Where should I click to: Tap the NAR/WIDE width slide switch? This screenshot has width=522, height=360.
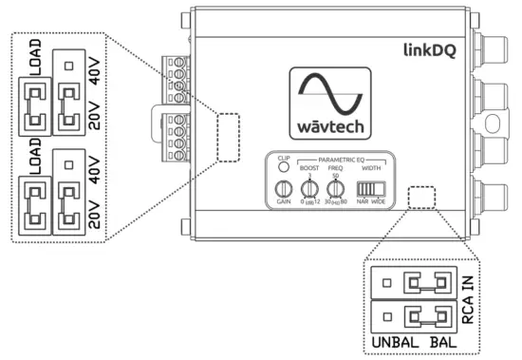tap(370, 188)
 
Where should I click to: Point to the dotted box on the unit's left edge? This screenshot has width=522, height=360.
tap(228, 139)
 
